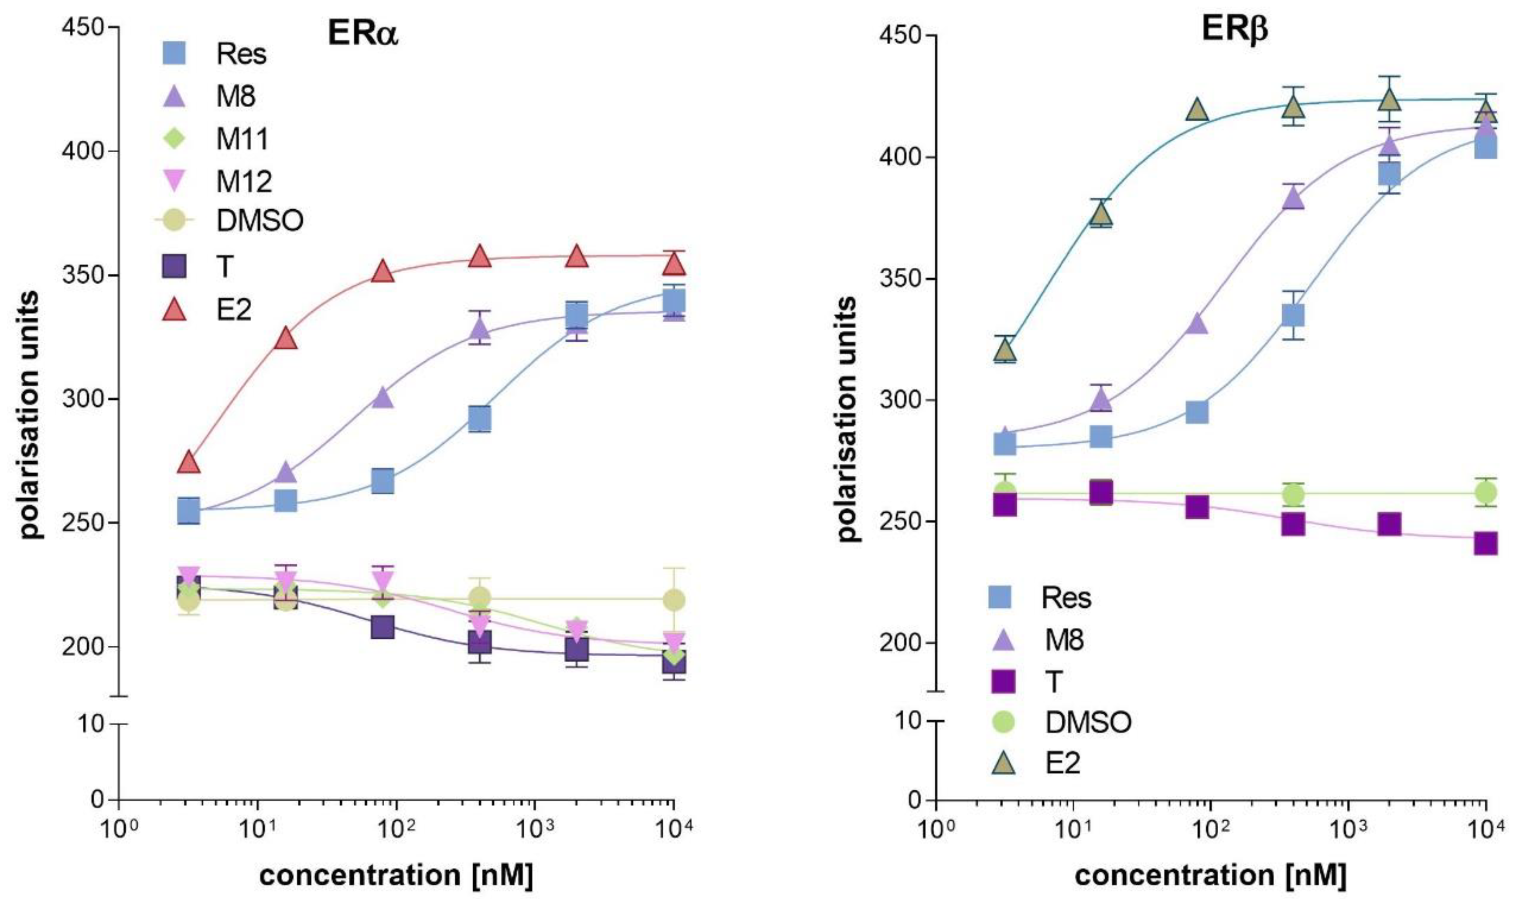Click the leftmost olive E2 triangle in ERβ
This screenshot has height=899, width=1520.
pos(1005,350)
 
